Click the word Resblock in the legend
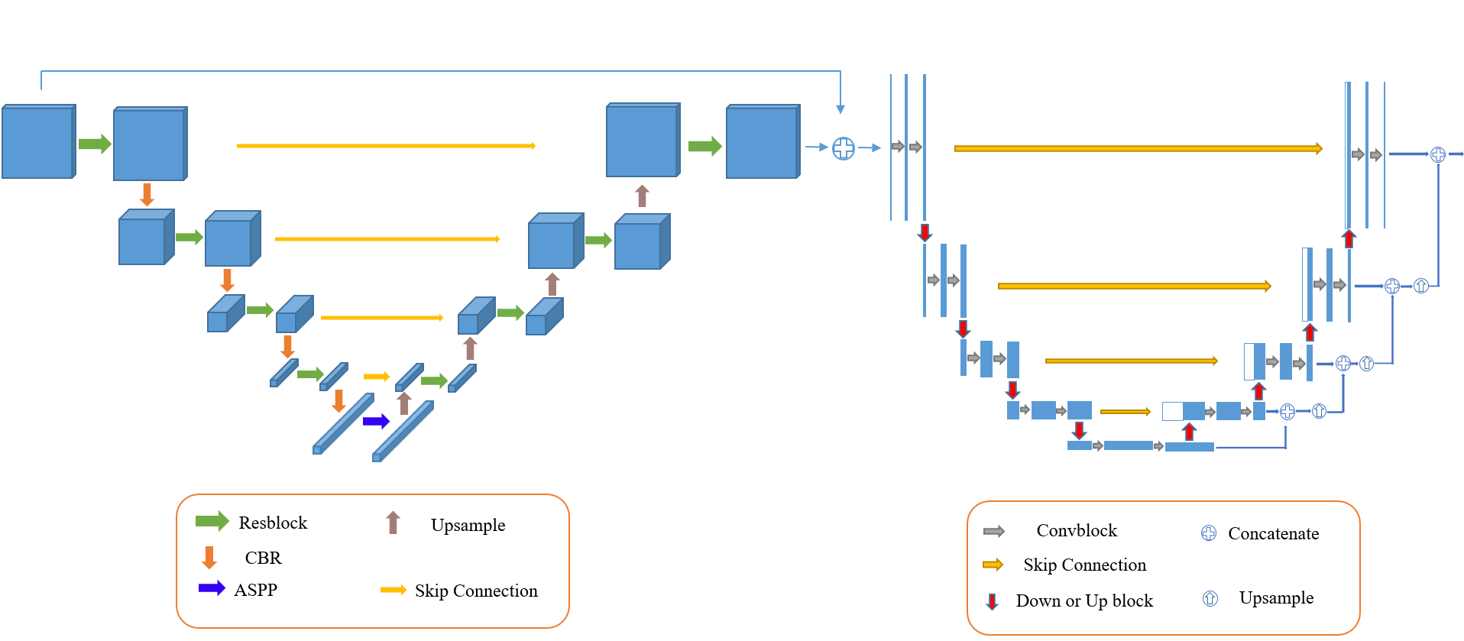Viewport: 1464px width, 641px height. tap(273, 523)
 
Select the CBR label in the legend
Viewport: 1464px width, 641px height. tap(263, 558)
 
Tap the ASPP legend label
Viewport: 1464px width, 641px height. tap(255, 590)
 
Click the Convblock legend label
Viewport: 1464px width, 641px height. tap(1076, 530)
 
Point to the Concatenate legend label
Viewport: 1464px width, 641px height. tap(1273, 533)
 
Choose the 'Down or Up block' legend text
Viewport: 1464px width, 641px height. tap(1083, 601)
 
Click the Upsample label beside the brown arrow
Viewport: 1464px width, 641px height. tap(468, 525)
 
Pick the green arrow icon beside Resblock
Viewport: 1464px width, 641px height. tap(212, 521)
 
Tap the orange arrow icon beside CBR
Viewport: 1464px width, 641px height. tap(209, 558)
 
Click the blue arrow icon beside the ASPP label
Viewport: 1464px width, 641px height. tap(212, 588)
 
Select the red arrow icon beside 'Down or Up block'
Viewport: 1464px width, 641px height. tap(992, 601)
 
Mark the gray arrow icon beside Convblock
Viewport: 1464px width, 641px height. tap(993, 531)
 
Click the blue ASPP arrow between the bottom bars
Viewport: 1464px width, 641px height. tap(376, 421)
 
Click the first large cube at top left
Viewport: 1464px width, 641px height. tap(38, 142)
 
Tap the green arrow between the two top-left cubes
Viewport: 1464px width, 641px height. tap(95, 144)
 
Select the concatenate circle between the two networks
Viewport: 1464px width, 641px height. tap(843, 148)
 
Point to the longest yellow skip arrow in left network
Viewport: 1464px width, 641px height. tap(386, 145)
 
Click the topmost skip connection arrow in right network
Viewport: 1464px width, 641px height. tap(1138, 148)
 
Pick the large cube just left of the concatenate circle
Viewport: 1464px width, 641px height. tap(762, 143)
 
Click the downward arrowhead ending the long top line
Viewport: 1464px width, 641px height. tap(841, 109)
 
